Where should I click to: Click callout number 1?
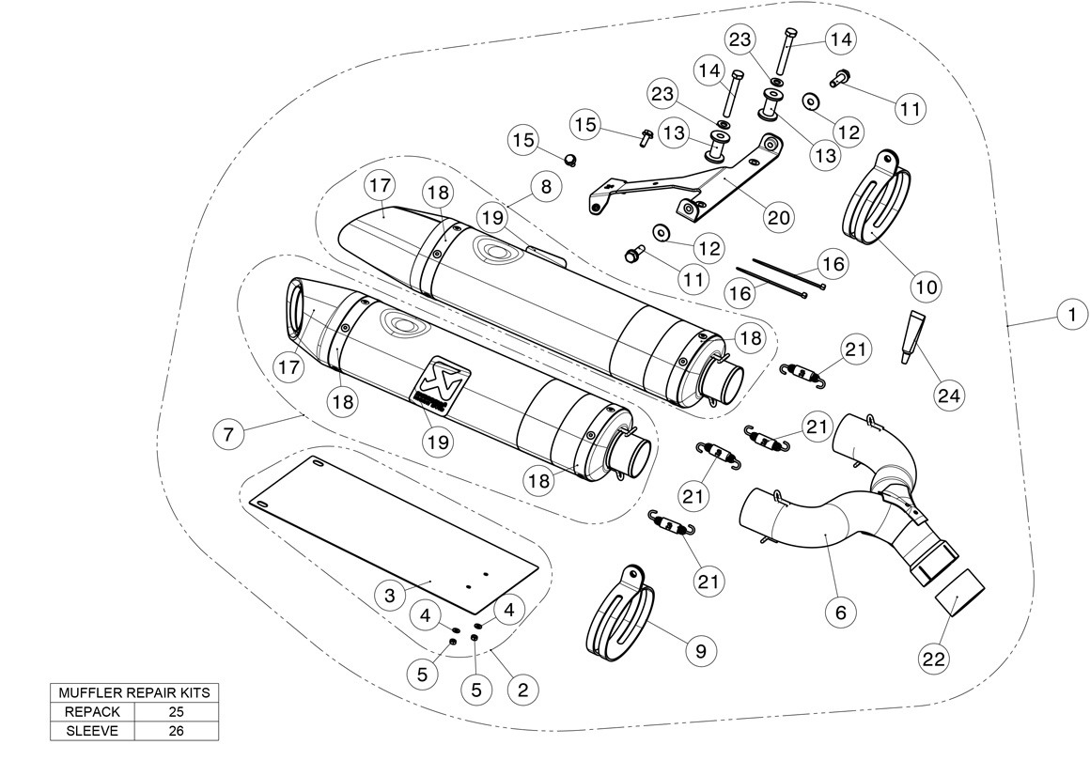click(1070, 315)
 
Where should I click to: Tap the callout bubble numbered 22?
click(933, 660)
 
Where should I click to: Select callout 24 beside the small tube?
click(949, 396)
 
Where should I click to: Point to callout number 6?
click(840, 613)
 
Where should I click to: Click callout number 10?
click(926, 286)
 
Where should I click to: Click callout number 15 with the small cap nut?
click(523, 141)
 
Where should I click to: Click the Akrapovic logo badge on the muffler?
click(441, 380)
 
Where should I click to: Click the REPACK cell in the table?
click(92, 711)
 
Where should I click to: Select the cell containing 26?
click(176, 730)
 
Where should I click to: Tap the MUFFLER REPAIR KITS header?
click(134, 692)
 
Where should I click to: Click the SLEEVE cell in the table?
click(92, 730)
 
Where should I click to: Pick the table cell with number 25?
click(176, 711)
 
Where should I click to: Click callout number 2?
click(522, 689)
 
